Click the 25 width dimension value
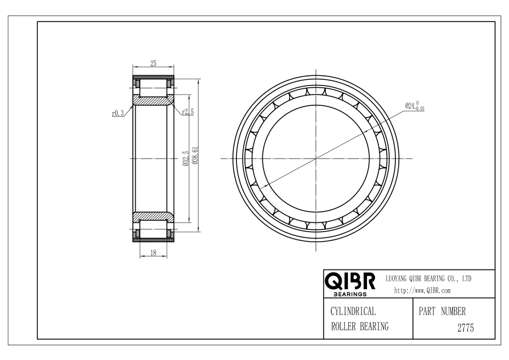[x=153, y=63]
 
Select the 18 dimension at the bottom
[x=153, y=252]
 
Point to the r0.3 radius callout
[x=118, y=113]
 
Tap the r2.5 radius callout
[x=188, y=112]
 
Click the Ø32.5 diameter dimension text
[x=186, y=158]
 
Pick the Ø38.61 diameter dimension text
[x=195, y=156]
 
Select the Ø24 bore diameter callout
[x=415, y=106]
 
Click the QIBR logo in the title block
[x=350, y=281]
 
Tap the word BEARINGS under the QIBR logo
[x=350, y=294]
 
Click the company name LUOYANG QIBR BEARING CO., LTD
[x=428, y=278]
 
